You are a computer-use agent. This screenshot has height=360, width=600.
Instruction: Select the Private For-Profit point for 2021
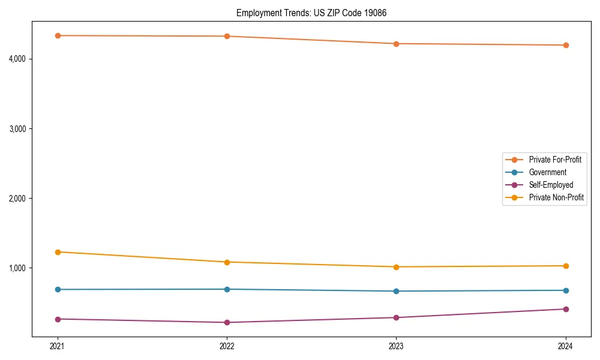point(58,35)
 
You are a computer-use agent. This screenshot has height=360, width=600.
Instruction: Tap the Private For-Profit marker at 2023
point(396,44)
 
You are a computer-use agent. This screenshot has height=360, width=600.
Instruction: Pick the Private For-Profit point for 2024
point(565,45)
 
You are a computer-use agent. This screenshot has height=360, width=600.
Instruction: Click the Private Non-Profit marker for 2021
point(58,252)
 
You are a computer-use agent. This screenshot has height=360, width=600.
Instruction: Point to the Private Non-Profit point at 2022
point(227,262)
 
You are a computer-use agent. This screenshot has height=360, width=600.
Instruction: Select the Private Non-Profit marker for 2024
point(565,266)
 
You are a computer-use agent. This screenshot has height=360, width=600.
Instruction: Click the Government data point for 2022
point(227,289)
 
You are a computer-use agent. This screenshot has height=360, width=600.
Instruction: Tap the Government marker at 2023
point(396,291)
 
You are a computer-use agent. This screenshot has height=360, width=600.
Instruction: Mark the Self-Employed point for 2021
point(58,319)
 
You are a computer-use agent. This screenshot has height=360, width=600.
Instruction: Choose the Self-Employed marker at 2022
point(227,322)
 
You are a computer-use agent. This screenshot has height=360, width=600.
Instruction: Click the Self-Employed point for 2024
point(565,309)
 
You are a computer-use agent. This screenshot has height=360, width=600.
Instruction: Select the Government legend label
point(547,172)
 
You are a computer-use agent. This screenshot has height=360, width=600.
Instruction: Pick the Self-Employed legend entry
point(551,185)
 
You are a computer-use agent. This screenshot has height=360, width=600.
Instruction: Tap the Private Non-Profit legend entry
point(556,197)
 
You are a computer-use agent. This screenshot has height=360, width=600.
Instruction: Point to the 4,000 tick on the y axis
point(19,59)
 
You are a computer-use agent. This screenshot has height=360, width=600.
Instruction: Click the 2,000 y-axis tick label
point(19,198)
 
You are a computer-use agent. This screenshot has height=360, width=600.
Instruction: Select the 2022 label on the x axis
point(227,346)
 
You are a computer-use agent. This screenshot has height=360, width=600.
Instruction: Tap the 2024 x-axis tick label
point(565,346)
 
